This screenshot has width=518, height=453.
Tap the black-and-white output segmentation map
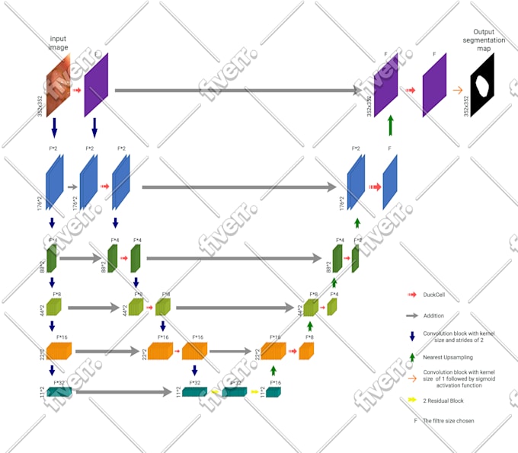tap(482, 86)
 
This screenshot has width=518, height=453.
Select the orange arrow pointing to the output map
tap(457, 90)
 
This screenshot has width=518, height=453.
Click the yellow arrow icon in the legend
tap(411, 399)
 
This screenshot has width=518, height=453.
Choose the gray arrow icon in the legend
tap(412, 314)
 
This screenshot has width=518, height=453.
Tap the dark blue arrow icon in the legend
tap(412, 335)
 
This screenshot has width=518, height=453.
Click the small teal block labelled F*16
tap(273, 392)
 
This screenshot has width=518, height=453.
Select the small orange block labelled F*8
tap(306, 349)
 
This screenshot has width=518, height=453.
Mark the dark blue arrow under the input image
tap(53, 127)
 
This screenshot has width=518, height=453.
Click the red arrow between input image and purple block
tap(77, 90)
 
